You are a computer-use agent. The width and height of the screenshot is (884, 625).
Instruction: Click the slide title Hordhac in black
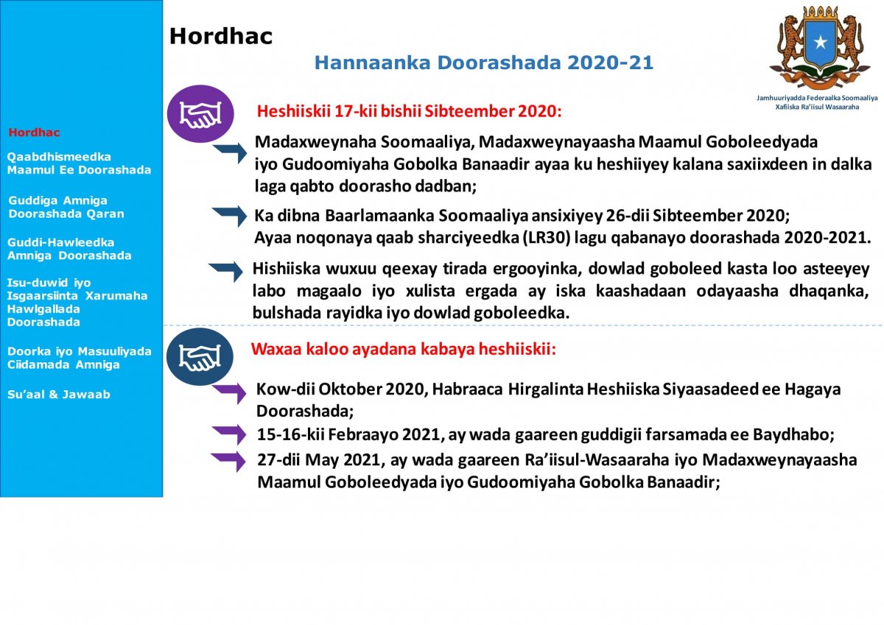[221, 36]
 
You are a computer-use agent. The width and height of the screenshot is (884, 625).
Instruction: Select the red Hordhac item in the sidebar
[34, 133]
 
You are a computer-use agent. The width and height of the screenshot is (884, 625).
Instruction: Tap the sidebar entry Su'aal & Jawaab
[60, 395]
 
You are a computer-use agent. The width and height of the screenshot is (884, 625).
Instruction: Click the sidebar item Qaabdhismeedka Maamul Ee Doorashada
[79, 163]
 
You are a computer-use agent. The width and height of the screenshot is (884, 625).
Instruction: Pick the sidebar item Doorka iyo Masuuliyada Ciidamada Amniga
[79, 358]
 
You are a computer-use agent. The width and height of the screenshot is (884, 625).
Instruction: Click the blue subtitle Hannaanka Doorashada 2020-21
[484, 63]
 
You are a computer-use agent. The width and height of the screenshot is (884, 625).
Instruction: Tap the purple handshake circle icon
[200, 114]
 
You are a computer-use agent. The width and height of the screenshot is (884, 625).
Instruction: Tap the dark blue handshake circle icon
[200, 357]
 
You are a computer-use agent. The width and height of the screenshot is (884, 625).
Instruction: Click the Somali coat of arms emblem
[817, 47]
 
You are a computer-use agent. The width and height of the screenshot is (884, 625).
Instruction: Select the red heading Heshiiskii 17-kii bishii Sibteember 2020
[409, 112]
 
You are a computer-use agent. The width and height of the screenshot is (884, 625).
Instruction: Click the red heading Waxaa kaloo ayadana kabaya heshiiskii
[404, 348]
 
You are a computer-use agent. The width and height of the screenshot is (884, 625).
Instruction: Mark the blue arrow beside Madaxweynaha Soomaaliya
[230, 152]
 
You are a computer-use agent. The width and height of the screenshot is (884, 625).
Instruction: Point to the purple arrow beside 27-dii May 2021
[228, 461]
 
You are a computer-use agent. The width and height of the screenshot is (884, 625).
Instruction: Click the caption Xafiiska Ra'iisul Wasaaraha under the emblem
[816, 107]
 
